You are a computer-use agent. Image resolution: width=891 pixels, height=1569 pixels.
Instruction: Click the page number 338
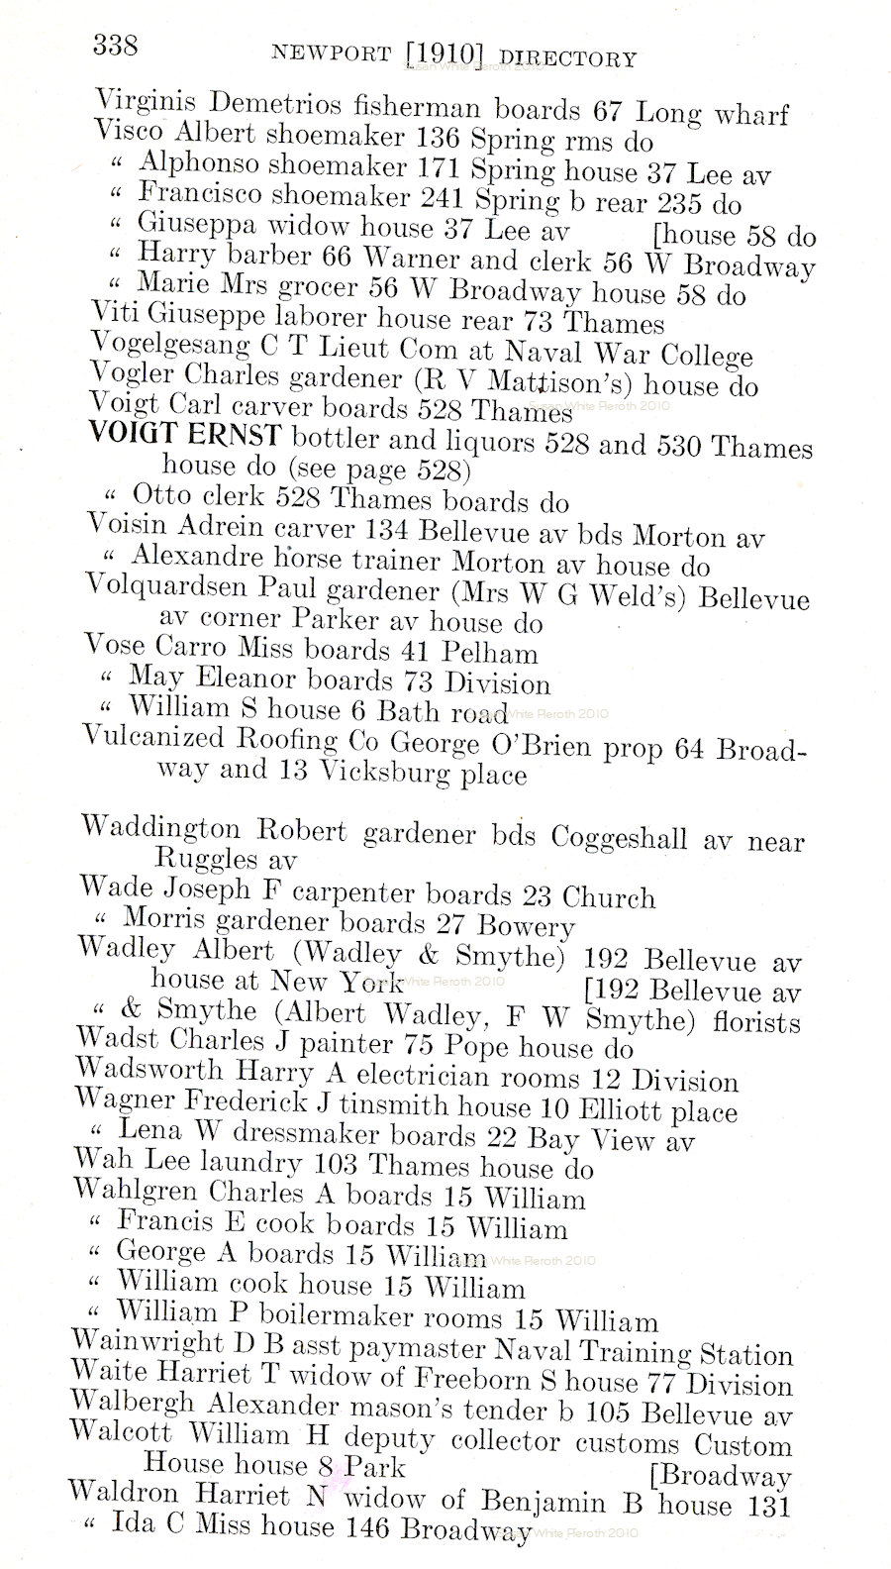(115, 45)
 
